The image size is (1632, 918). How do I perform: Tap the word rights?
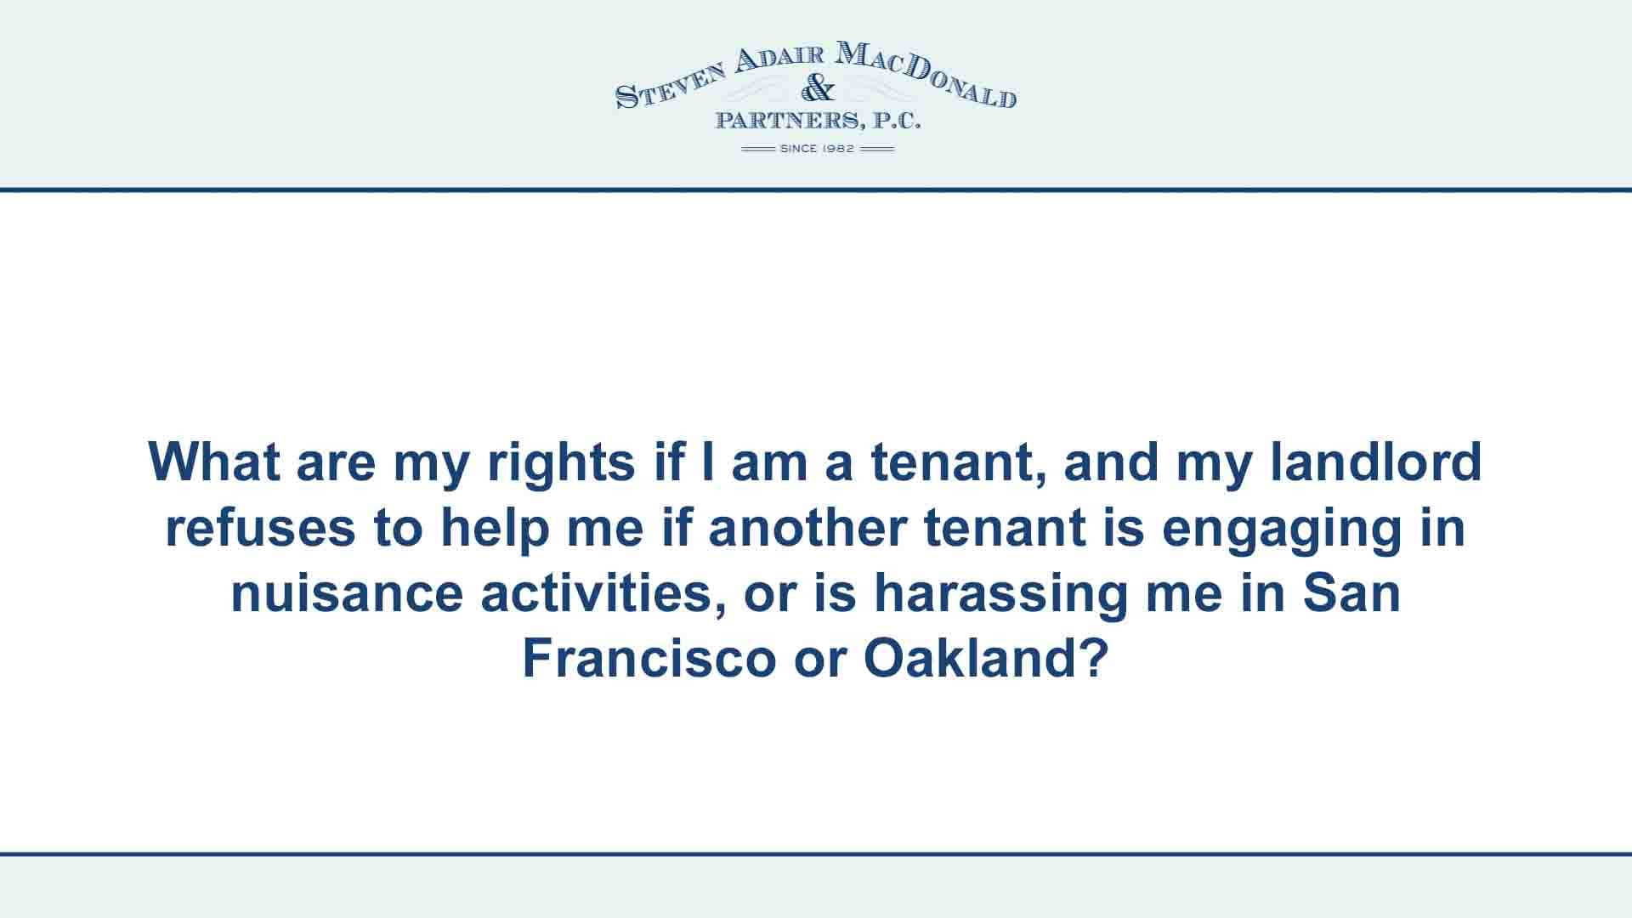[x=560, y=463]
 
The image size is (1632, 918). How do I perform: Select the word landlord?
[x=1376, y=462]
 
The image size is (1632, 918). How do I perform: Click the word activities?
[x=602, y=593]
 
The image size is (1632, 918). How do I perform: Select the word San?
[x=1352, y=593]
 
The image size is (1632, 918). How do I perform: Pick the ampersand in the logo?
[x=818, y=88]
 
